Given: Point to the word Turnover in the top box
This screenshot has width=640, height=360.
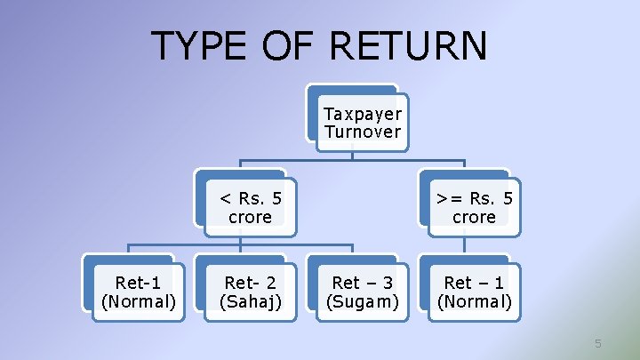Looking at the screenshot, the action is point(362,132).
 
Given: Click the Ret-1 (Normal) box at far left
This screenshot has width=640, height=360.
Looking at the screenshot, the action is point(138,292).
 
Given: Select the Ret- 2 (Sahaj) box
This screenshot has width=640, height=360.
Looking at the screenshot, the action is point(250,292).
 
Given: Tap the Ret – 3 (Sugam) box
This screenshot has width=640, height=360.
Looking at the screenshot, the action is point(362,292).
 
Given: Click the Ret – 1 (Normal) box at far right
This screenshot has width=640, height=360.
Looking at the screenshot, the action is point(474,292).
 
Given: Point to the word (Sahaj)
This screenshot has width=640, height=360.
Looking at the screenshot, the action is point(250,301).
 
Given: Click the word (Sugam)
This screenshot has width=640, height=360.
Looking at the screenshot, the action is point(362,301).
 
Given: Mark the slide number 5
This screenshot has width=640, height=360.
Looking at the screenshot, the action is point(598,343).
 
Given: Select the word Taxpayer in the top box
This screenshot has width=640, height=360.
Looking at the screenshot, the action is point(362,114).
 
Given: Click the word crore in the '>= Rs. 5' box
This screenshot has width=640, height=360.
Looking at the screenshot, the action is point(474,217).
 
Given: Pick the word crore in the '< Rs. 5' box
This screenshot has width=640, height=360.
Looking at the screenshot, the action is point(250,217).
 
